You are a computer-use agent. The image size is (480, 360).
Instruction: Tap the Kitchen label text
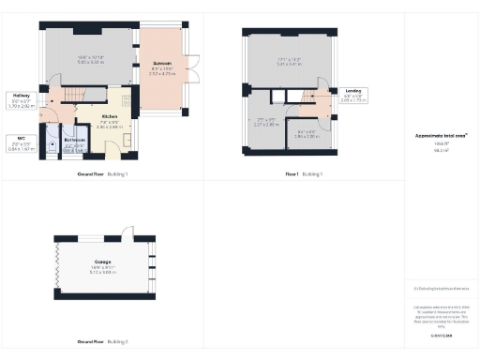(111, 117)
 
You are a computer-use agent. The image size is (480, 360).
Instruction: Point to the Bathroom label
(76, 140)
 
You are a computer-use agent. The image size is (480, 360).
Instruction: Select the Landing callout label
(353, 91)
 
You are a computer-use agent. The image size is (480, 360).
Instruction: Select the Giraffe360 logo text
(442, 334)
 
